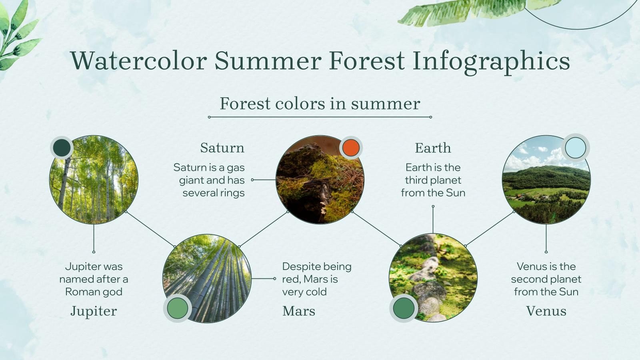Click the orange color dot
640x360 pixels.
pos(351,148)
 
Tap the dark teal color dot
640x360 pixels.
pos(62,148)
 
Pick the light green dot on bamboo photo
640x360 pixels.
pos(177,308)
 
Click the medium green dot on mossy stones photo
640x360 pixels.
pos(404,308)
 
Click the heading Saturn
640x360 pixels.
pos(222,148)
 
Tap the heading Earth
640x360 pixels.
pos(433,148)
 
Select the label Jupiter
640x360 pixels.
pos(94,311)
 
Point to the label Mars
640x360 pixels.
pos(298,311)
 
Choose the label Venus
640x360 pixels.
pos(546,311)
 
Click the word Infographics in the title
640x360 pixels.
pos(491,61)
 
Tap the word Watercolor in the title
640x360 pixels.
pos(138,61)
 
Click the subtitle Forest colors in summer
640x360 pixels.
pos(320,104)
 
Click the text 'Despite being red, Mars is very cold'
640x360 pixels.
pos(316,279)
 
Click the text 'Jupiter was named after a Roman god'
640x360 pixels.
pos(94,279)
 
